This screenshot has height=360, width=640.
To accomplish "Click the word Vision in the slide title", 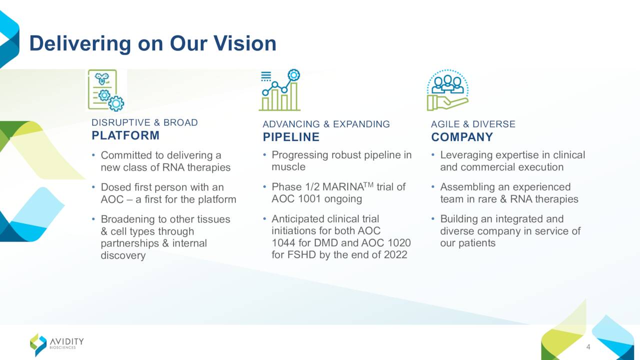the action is click(x=245, y=43).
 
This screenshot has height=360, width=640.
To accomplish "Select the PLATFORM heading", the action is click(x=125, y=135).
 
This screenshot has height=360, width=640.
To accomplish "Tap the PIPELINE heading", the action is click(x=291, y=137).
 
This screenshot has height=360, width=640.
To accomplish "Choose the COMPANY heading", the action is click(x=462, y=137).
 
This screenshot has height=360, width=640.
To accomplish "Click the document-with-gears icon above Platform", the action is click(x=105, y=90).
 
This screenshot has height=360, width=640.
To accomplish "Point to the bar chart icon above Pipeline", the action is click(x=279, y=90).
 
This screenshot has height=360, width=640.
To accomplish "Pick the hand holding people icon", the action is click(x=447, y=90).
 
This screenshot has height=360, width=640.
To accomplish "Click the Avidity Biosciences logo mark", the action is click(x=38, y=344).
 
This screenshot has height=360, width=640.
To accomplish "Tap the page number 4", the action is click(x=588, y=347).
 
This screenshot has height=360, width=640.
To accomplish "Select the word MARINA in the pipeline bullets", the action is click(x=343, y=187).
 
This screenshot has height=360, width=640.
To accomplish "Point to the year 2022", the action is click(x=395, y=255).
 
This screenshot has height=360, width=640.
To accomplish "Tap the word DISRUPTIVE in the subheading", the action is click(x=120, y=122).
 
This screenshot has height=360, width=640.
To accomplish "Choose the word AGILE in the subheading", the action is click(x=445, y=124).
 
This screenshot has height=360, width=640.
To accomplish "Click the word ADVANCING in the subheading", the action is click(x=291, y=124).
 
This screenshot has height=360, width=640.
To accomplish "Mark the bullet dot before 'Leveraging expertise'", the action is click(x=433, y=155).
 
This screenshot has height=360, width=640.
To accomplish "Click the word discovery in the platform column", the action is click(x=123, y=255).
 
